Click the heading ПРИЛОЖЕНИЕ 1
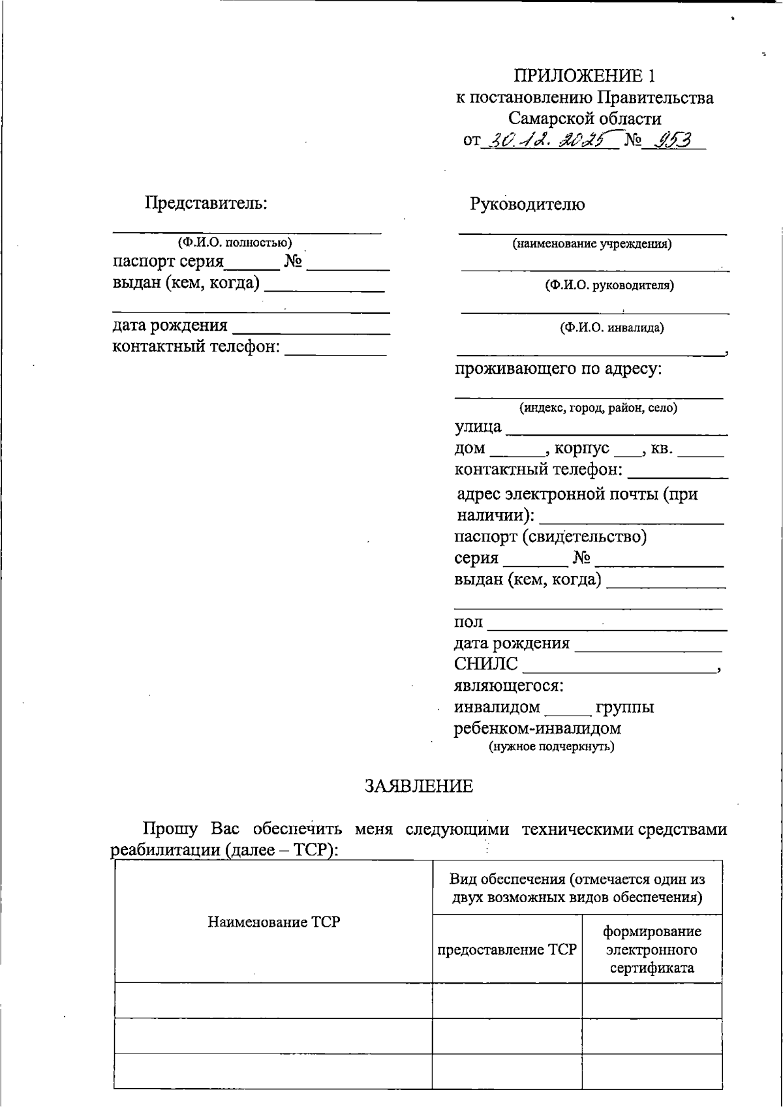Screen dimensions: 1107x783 pyautogui.click(x=584, y=76)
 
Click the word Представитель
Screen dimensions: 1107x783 pyautogui.click(x=206, y=203)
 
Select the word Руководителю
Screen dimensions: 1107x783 pyautogui.click(x=527, y=204)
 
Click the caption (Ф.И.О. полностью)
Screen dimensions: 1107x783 pyautogui.click(x=235, y=243)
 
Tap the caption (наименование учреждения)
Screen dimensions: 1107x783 pyautogui.click(x=592, y=245)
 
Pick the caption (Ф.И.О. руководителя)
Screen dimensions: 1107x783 pyautogui.click(x=609, y=285)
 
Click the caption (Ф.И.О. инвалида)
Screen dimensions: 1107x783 pyautogui.click(x=611, y=327)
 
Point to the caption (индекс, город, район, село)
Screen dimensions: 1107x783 pyautogui.click(x=598, y=408)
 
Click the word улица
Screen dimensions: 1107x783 pyautogui.click(x=478, y=427)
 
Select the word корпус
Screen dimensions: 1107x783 pyautogui.click(x=582, y=448)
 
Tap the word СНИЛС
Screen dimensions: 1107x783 pyautogui.click(x=486, y=664)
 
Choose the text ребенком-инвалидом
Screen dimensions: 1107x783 pyautogui.click(x=537, y=728)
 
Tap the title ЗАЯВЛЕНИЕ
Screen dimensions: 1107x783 pyautogui.click(x=418, y=786)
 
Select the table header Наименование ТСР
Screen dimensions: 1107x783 pyautogui.click(x=273, y=922)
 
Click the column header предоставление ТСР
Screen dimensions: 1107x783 pyautogui.click(x=507, y=949)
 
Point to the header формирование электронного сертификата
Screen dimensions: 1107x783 pyautogui.click(x=651, y=949)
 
